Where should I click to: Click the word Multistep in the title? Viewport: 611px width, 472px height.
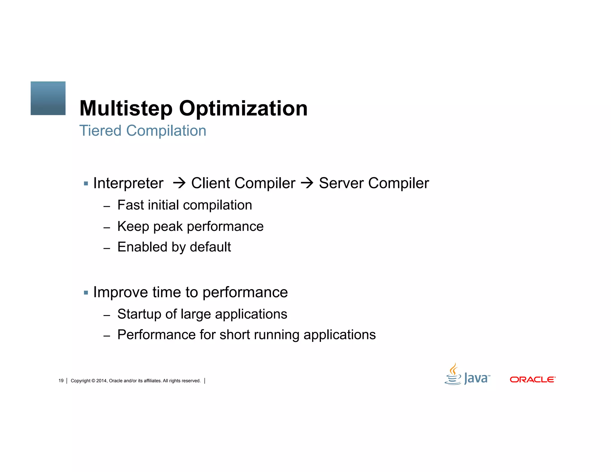coord(126,109)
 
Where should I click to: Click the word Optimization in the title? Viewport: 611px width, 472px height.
coord(243,109)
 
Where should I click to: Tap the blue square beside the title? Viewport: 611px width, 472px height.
coord(48,98)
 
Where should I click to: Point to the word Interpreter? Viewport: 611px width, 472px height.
coord(128,183)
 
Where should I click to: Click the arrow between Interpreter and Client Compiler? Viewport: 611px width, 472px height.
coord(179,183)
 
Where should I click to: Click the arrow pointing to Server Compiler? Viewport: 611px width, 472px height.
coord(307,183)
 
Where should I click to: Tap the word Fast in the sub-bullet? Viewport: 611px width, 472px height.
coord(130,205)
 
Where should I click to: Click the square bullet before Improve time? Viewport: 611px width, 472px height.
coord(86,293)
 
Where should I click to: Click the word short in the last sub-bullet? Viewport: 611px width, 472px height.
coord(234,335)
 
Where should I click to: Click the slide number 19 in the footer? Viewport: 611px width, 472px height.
coord(61,381)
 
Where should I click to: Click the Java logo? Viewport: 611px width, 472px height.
coord(467,375)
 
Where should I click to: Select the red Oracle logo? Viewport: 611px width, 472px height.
coord(533,380)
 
